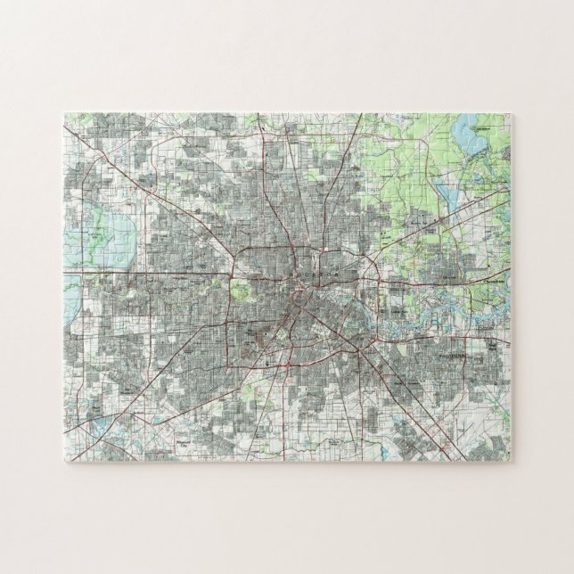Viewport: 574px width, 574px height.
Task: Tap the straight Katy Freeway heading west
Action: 143,271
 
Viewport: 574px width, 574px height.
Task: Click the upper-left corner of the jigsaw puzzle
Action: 65,114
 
